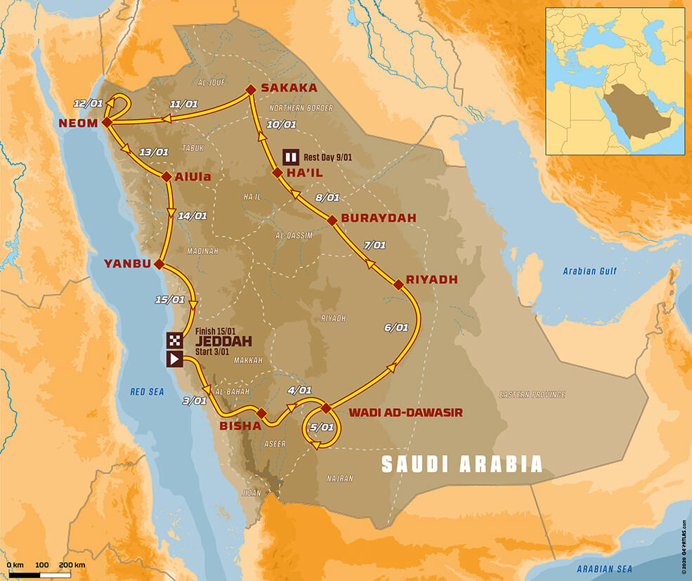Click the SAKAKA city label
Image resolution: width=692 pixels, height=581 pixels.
click(x=289, y=89)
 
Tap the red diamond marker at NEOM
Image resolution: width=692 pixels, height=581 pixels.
click(x=106, y=122)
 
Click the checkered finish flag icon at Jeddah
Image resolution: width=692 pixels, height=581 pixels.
click(x=175, y=341)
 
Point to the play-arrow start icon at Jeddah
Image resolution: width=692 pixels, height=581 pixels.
click(x=175, y=359)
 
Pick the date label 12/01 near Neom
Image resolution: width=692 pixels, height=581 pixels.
click(x=86, y=104)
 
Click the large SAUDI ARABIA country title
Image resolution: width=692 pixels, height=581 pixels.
click(x=462, y=464)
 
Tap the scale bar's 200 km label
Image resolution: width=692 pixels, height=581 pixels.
click(x=72, y=564)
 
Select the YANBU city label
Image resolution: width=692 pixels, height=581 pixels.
click(x=127, y=264)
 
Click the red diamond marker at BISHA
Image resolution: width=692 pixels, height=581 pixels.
click(x=261, y=413)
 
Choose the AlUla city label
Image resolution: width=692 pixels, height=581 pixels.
click(x=188, y=177)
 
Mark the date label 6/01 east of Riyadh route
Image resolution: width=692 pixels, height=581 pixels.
click(x=396, y=327)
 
